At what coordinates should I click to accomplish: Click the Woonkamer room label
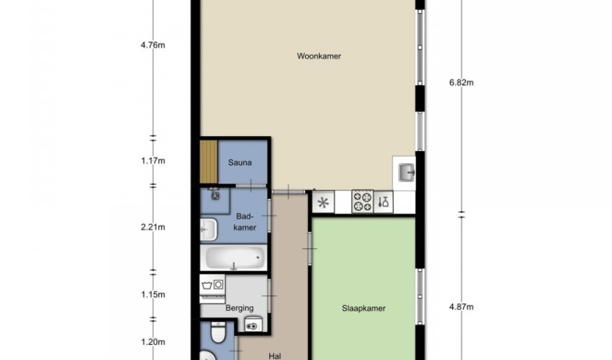[x=319, y=56]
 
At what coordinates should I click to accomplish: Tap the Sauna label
[x=240, y=163]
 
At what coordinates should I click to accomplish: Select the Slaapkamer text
[x=364, y=308]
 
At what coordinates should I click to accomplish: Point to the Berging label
[x=239, y=308]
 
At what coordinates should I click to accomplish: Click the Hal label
[x=275, y=356]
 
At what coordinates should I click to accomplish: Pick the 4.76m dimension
[x=153, y=45]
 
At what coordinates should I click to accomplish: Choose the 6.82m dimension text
[x=462, y=82]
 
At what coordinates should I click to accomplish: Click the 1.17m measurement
[x=153, y=161]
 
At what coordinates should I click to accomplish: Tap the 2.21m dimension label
[x=153, y=227]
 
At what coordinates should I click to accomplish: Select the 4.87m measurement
[x=462, y=307]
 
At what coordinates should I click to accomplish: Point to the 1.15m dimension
[x=153, y=294]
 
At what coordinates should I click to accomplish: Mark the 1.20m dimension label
[x=153, y=342]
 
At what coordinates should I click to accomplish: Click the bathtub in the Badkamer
[x=233, y=257]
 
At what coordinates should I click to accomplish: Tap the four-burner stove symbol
[x=363, y=202]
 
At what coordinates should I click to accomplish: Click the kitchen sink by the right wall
[x=406, y=173]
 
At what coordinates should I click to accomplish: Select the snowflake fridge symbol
[x=323, y=202]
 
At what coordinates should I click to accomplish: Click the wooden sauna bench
[x=209, y=161]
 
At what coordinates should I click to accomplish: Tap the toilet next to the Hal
[x=217, y=332]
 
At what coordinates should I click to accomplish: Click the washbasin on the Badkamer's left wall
[x=208, y=230]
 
